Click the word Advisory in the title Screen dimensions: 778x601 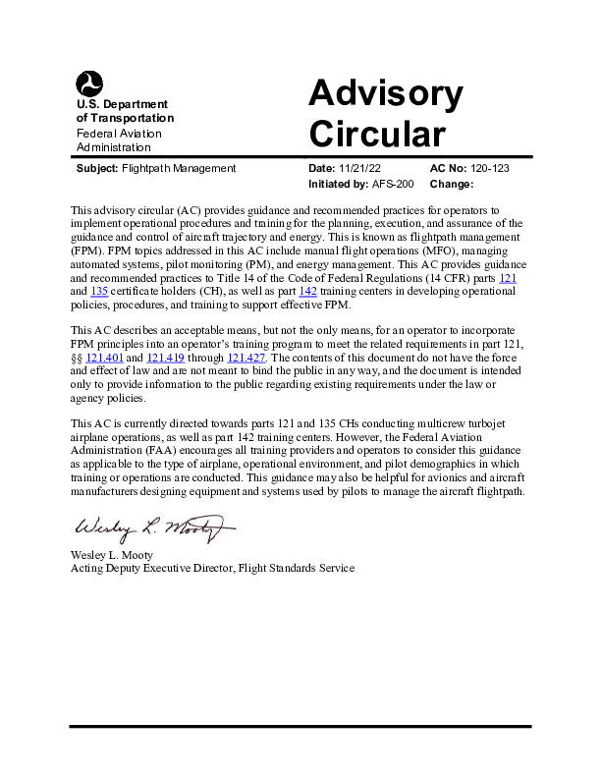tap(385, 93)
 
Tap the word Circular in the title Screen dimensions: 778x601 tap(376, 134)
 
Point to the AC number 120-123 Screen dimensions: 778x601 tap(490, 168)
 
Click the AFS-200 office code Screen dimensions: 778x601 tap(394, 184)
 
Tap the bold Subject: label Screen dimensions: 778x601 tap(97, 168)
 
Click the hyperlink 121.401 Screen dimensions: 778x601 tap(103, 358)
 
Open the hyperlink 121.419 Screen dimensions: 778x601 tap(164, 358)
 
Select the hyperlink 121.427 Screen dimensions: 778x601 tap(246, 358)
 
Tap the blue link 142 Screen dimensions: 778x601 tap(307, 292)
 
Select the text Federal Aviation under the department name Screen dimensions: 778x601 tap(119, 133)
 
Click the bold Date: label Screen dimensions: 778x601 tap(322, 168)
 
